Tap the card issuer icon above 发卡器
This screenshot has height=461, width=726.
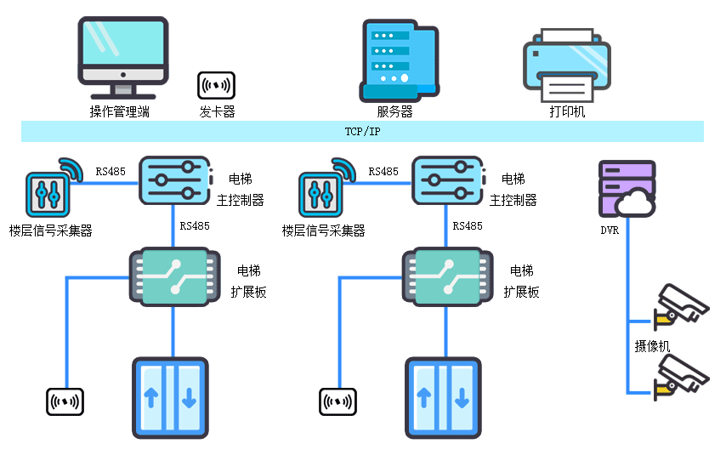[x=216, y=85]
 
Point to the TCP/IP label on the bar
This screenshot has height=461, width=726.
[x=362, y=132]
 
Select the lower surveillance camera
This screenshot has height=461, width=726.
[x=681, y=377]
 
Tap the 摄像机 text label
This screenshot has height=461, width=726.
[x=652, y=346]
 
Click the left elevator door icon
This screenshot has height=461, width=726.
[x=170, y=397]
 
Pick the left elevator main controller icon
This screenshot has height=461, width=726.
[x=173, y=179]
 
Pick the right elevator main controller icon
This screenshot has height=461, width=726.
[x=447, y=179]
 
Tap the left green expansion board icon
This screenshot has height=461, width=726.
[x=173, y=276]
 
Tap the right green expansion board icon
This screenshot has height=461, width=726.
[x=447, y=276]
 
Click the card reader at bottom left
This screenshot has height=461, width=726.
[x=65, y=400]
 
